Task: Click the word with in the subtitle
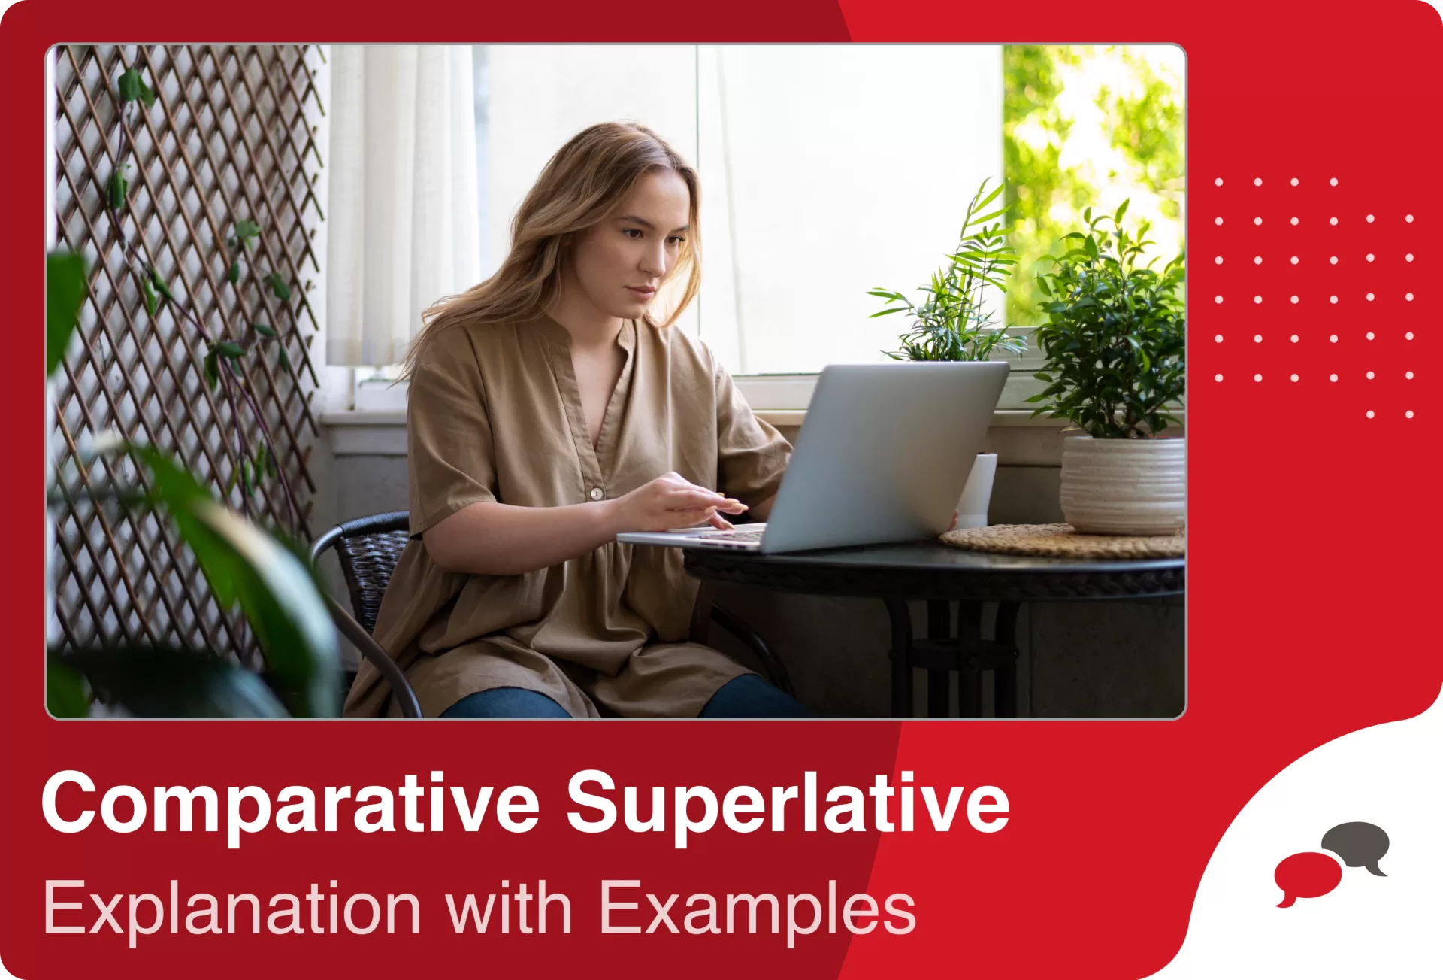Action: click(x=508, y=909)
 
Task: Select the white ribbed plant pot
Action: click(x=1122, y=485)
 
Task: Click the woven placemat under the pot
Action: click(x=1052, y=542)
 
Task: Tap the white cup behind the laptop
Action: click(x=979, y=489)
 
